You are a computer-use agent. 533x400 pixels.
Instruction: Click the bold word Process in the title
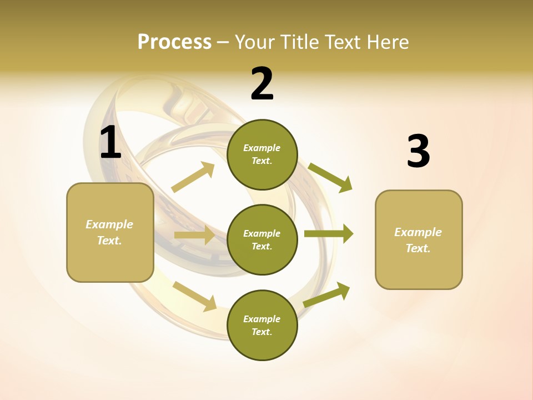(174, 42)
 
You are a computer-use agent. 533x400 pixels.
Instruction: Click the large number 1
(110, 143)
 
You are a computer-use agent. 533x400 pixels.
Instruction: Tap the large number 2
(262, 84)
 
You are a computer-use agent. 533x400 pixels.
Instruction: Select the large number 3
(418, 151)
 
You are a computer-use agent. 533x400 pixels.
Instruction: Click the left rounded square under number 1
(110, 232)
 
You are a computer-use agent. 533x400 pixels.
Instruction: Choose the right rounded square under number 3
(419, 239)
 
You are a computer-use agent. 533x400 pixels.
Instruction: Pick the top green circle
(262, 154)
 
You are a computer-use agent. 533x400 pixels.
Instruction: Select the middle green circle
(262, 239)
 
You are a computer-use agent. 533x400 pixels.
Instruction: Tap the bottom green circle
(262, 325)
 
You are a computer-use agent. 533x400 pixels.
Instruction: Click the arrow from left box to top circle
(193, 177)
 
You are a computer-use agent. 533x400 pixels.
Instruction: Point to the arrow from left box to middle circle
(194, 235)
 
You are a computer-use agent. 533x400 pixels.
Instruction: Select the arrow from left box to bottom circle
(195, 296)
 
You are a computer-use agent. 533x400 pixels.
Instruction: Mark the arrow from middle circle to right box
(328, 234)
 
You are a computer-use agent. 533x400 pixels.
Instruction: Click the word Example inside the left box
(109, 224)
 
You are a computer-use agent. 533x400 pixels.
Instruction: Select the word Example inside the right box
(418, 232)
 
